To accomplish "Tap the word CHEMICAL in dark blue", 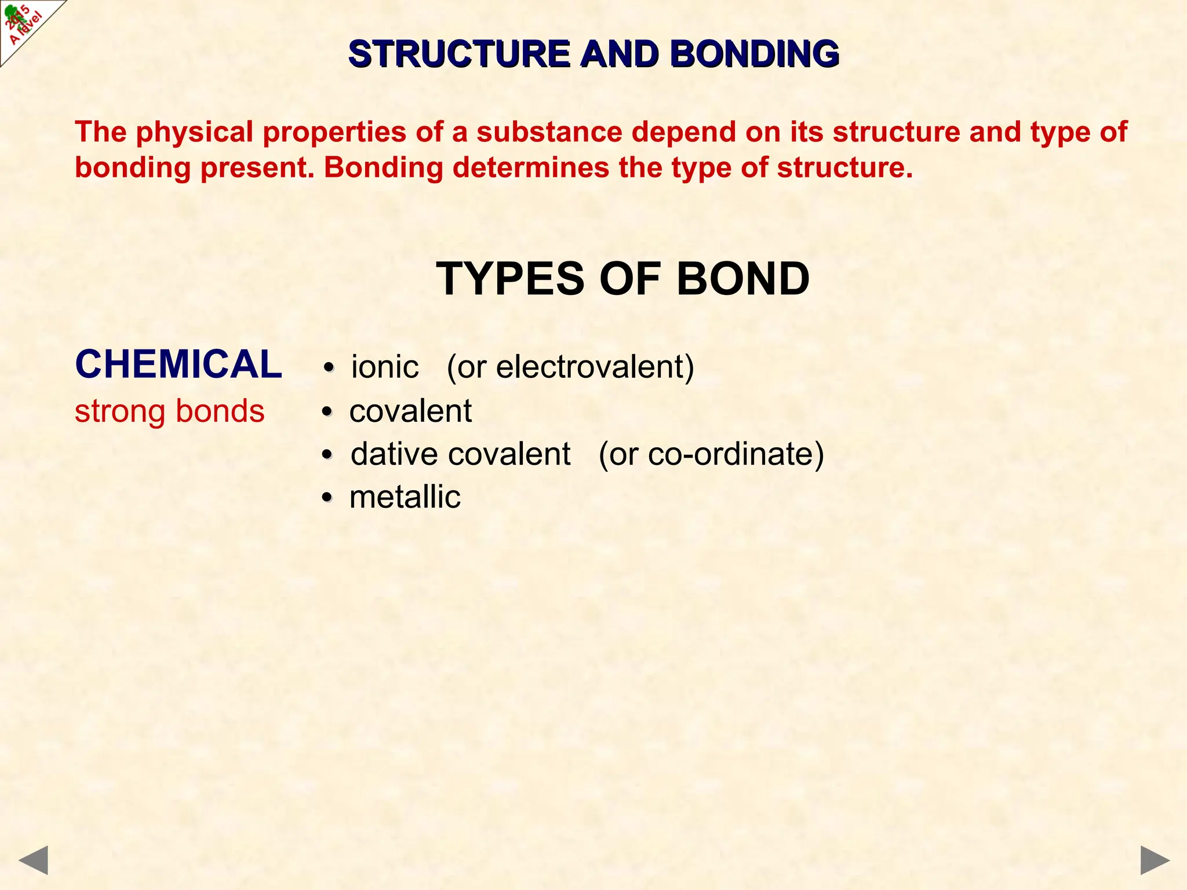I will point(179,364).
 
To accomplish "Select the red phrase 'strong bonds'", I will point(169,411).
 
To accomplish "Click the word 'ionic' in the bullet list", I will point(385,367).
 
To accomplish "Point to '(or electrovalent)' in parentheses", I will point(570,367).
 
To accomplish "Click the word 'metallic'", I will point(405,497).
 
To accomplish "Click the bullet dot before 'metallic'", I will point(328,498).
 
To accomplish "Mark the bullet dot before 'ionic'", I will point(329,368).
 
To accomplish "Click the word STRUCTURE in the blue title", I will point(460,54).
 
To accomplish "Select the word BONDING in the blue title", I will point(754,54).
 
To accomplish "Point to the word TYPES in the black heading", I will point(510,279).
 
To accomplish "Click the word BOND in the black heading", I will point(742,279).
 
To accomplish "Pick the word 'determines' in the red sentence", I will point(530,168).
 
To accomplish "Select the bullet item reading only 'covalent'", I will point(410,411).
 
